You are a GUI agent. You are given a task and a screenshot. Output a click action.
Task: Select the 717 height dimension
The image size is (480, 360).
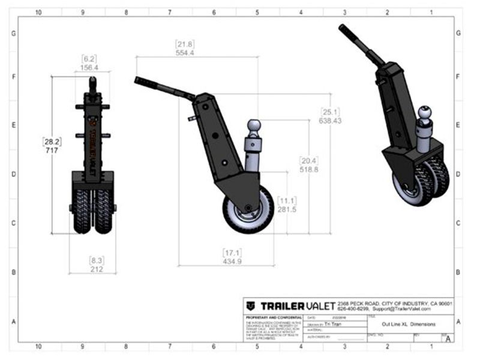point(51,151)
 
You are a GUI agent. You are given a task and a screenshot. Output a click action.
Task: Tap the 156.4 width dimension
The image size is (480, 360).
point(90,68)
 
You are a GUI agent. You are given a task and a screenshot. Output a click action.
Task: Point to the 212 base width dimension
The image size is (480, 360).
point(97,269)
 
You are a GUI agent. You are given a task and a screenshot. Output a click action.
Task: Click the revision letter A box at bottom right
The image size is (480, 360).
point(447,338)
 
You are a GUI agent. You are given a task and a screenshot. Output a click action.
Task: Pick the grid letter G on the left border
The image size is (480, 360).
point(13,34)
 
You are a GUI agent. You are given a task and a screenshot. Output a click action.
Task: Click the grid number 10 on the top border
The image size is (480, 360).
point(38,11)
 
